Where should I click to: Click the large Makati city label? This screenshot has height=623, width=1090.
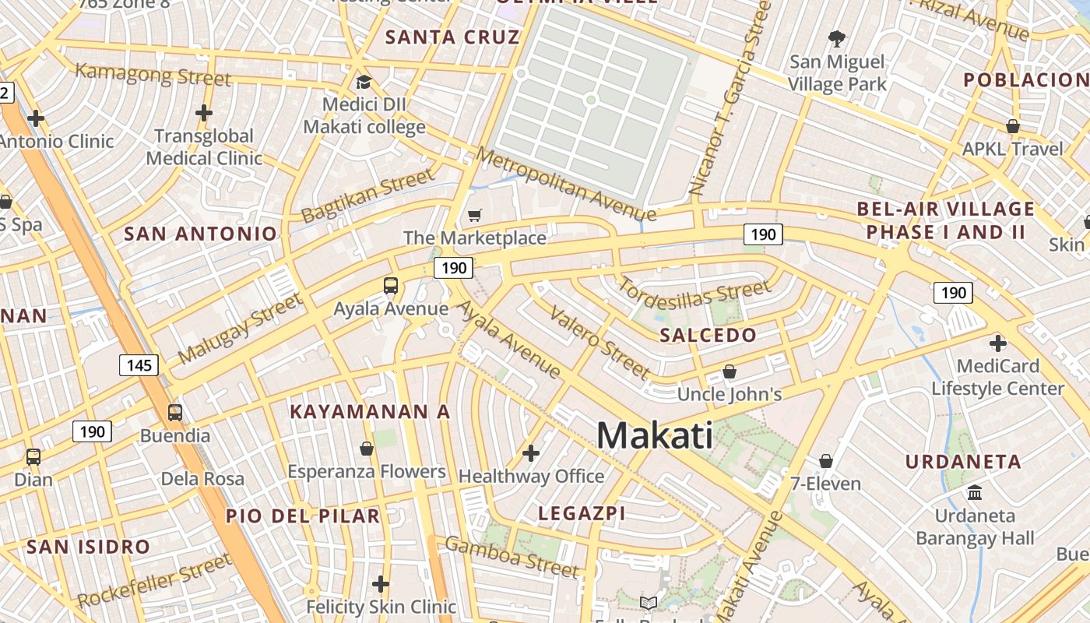click(654, 435)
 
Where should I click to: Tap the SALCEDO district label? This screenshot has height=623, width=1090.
click(708, 336)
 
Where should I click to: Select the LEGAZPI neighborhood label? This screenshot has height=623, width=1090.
click(582, 512)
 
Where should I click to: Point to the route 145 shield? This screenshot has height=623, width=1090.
click(139, 364)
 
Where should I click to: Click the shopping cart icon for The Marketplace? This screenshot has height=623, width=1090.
click(475, 215)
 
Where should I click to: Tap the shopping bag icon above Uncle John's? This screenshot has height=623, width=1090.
click(730, 371)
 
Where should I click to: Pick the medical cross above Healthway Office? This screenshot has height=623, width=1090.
click(531, 452)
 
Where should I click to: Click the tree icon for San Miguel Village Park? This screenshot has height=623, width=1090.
click(837, 38)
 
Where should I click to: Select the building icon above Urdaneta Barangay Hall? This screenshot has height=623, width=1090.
click(974, 492)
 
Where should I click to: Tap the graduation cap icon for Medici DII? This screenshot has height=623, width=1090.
click(364, 82)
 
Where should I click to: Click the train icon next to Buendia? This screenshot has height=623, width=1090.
click(175, 412)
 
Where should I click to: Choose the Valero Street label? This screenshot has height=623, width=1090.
click(599, 341)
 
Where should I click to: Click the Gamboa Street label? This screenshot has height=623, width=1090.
click(512, 556)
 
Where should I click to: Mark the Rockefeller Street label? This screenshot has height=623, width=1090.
click(155, 580)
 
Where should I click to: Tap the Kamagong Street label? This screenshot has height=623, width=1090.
click(153, 75)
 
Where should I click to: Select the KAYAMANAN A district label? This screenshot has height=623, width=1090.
click(370, 412)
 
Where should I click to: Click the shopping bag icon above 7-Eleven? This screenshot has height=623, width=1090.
click(826, 461)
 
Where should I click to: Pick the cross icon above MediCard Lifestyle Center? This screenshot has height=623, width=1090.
click(997, 343)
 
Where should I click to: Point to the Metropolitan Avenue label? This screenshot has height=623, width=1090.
click(567, 184)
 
